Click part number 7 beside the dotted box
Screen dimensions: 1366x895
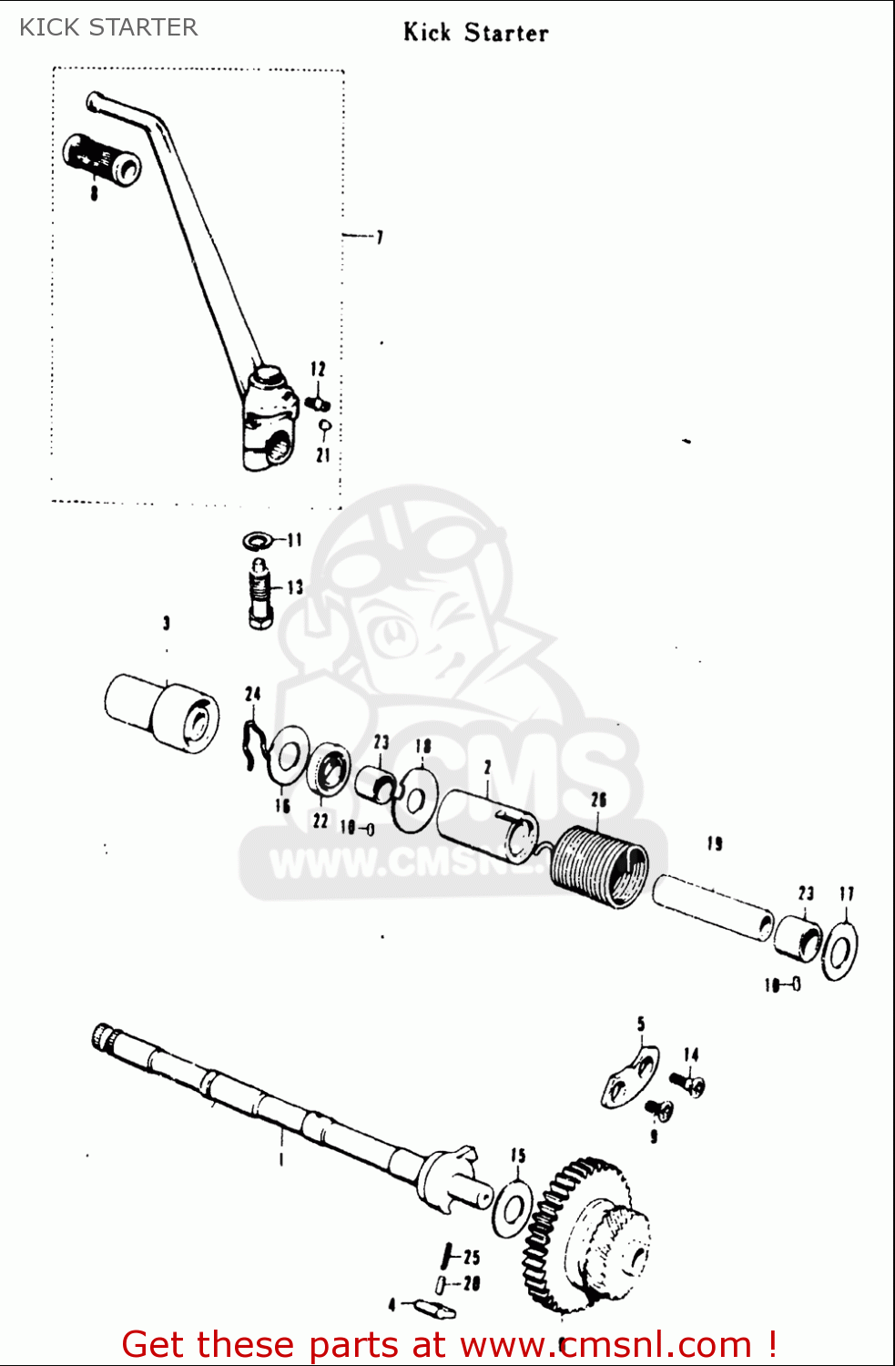[380, 238]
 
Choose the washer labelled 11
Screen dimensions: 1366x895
[259, 542]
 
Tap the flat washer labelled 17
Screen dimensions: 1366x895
[839, 952]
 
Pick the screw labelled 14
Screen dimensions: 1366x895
[687, 1083]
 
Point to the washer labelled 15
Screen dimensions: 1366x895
[513, 1210]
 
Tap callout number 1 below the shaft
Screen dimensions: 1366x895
[282, 1159]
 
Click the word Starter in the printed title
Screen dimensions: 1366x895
[506, 34]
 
